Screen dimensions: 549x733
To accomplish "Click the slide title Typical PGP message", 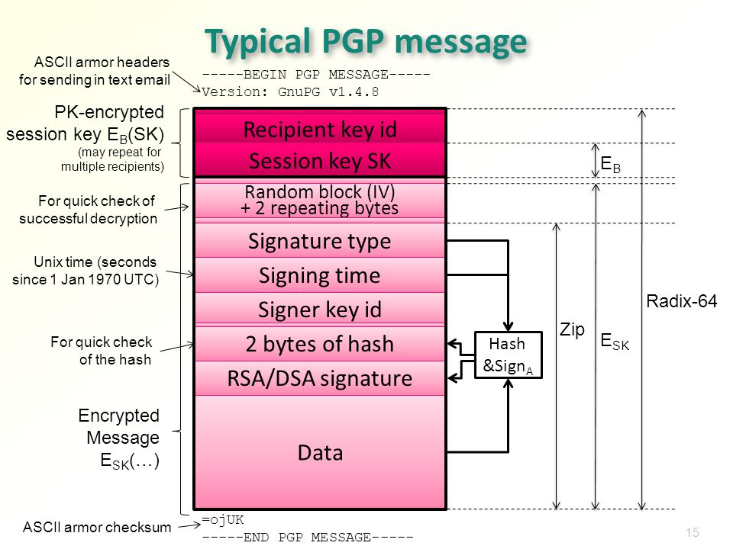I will [x=366, y=42].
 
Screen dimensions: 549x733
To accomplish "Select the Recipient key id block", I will [x=320, y=130].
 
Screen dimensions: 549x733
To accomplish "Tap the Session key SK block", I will [x=320, y=162].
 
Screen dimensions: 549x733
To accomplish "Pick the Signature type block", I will [x=320, y=242].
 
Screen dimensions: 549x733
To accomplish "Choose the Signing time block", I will [x=320, y=275].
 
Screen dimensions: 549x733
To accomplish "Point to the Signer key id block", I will [x=320, y=310].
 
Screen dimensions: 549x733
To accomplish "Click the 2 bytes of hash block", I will [x=320, y=344].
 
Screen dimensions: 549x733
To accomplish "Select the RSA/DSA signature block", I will [x=320, y=378].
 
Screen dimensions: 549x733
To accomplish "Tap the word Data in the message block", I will [x=320, y=453].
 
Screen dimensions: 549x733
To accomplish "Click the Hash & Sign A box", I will [x=508, y=355].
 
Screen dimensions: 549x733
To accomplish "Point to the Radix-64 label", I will [x=682, y=302].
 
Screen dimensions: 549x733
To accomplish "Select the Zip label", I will [x=572, y=329].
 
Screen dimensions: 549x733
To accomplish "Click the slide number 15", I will [x=693, y=533].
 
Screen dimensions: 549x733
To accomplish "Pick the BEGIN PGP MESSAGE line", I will [x=316, y=75].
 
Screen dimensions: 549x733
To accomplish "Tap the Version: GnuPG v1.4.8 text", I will [x=291, y=91].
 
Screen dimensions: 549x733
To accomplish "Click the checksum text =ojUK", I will [x=223, y=520].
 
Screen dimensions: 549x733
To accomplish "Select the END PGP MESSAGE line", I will [x=308, y=537].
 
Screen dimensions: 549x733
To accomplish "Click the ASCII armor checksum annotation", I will [x=97, y=526].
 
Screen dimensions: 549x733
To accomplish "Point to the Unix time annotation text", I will [x=86, y=270].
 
